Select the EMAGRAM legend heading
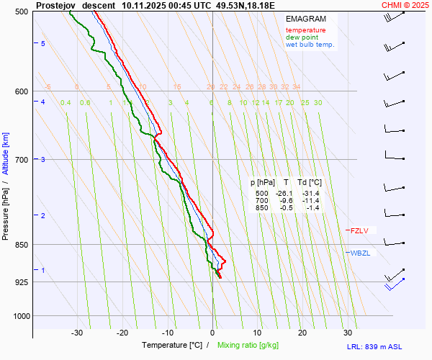tap(305, 18)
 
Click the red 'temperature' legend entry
tap(305, 30)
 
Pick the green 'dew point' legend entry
tap(302, 37)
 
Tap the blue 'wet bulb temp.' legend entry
tap(310, 45)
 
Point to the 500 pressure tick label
tap(21, 12)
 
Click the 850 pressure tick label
tap(21, 245)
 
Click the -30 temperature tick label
tap(77, 333)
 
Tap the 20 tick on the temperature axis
tap(302, 333)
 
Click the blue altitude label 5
tap(43, 44)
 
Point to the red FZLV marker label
tap(359, 231)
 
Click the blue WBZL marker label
tap(360, 253)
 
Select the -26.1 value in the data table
tap(286, 194)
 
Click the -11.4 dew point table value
tap(310, 201)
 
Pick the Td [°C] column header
tap(310, 183)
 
